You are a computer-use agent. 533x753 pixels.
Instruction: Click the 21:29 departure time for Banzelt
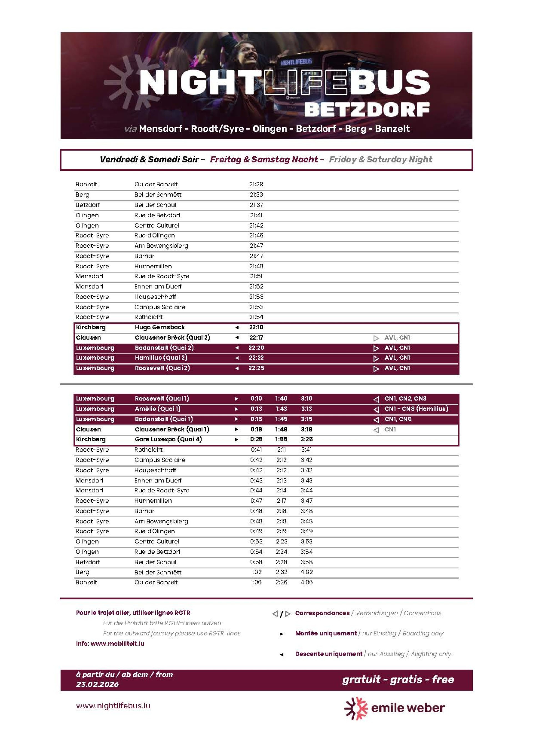tap(256, 184)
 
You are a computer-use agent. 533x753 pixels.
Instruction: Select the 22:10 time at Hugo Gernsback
tap(256, 327)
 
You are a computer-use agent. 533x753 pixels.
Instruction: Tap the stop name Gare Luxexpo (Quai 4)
tap(168, 439)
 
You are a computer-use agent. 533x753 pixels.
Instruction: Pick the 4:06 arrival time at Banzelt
tap(306, 582)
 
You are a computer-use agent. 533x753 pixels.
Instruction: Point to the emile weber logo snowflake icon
tap(356, 708)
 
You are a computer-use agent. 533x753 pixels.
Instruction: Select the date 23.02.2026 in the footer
tap(97, 684)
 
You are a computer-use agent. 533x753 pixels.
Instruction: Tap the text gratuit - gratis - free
tap(398, 679)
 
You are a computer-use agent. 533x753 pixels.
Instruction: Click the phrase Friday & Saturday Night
tap(380, 159)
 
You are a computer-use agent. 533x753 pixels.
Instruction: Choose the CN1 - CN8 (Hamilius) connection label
tap(416, 409)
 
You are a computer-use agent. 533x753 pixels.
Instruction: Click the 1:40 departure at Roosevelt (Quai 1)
tap(281, 398)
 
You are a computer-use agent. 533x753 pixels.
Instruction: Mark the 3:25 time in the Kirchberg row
tap(306, 439)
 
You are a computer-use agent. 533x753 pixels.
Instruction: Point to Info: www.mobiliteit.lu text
tap(110, 643)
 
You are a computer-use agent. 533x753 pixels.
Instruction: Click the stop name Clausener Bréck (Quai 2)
tap(172, 337)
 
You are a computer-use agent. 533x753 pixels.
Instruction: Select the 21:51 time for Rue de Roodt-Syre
tap(256, 276)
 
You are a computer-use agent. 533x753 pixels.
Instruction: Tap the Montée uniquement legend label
tap(325, 633)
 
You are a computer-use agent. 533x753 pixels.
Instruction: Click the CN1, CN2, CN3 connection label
tap(405, 398)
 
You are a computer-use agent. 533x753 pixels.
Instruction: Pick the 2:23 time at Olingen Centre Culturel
tap(281, 541)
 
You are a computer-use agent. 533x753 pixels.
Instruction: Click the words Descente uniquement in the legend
tap(328, 654)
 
